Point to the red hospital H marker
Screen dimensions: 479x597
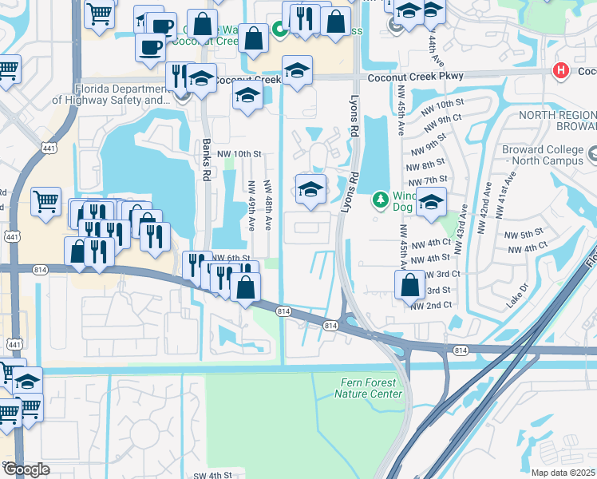562,70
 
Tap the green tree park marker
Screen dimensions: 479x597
382,197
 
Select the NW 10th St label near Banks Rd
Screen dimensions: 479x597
236,154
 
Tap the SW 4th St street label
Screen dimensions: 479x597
212,475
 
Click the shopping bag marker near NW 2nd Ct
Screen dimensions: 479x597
409,284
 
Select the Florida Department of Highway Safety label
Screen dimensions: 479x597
112,95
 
